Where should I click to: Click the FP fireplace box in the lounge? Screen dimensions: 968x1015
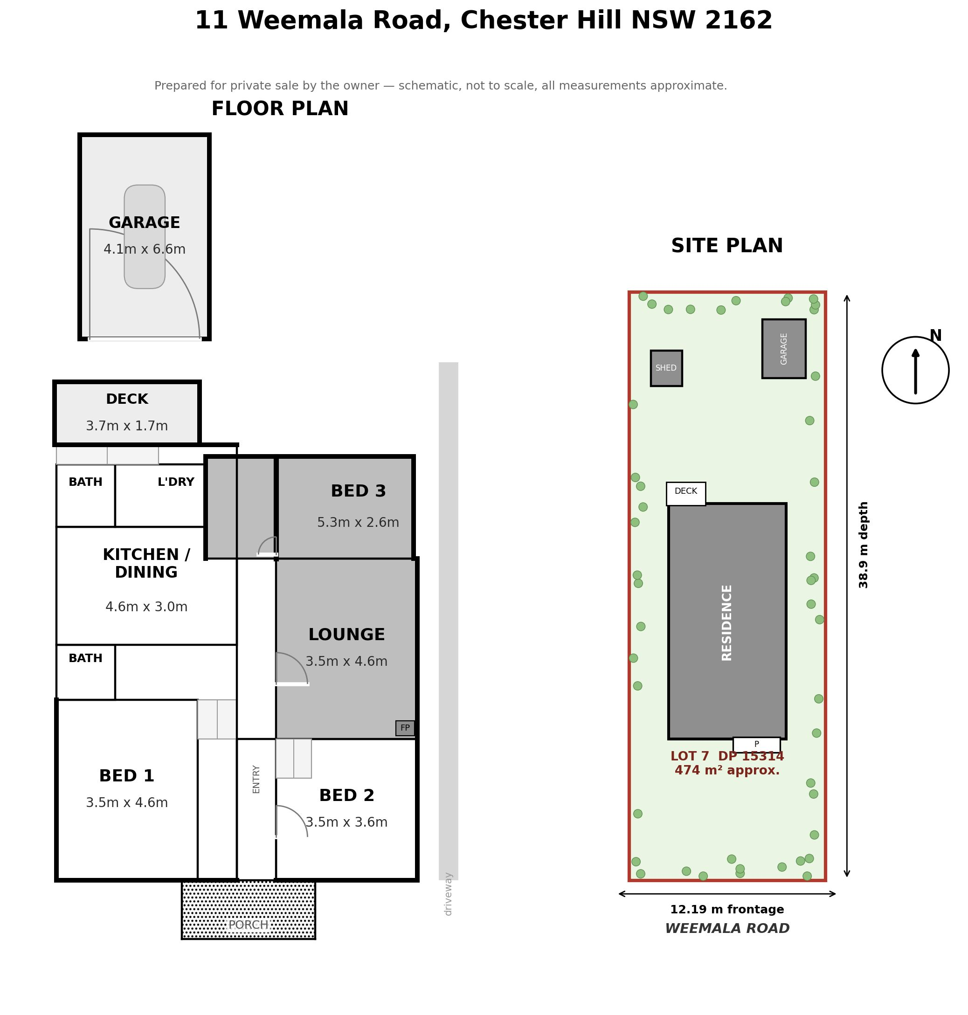405,728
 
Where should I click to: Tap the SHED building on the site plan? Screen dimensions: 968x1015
666,368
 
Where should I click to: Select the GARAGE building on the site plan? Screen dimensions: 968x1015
784,349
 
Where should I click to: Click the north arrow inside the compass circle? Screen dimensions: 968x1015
915,371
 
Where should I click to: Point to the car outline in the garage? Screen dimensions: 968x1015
145,237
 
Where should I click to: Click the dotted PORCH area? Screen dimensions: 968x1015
248,910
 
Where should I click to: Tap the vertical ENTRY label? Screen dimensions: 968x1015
256,779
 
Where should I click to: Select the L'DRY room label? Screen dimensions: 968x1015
176,482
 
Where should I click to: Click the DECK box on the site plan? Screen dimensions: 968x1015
686,494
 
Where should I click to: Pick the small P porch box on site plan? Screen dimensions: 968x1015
756,745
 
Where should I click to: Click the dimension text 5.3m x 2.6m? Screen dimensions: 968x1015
358,523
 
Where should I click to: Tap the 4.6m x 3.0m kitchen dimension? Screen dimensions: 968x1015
146,607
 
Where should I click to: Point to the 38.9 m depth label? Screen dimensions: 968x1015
863,545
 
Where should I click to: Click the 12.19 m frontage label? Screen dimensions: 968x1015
727,910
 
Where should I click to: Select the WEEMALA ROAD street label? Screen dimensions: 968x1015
727,929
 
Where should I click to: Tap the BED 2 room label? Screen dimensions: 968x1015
347,796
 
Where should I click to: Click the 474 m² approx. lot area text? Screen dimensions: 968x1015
727,770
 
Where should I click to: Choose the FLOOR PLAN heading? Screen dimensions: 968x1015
280,109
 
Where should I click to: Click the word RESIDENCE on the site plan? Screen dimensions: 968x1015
727,622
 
